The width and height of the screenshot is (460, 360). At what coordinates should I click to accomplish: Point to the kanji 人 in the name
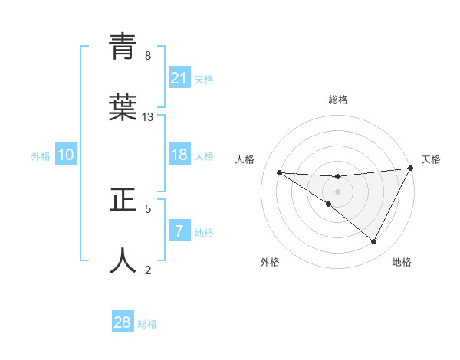pos(123,260)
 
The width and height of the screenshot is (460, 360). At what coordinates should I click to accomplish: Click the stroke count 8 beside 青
pos(148,56)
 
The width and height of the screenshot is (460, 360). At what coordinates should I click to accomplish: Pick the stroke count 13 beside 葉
pos(148,117)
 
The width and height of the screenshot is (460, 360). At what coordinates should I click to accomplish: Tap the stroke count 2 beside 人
pos(148,270)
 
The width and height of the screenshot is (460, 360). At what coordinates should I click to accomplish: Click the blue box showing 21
pos(179,78)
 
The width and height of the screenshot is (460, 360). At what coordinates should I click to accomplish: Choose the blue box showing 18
pos(179,155)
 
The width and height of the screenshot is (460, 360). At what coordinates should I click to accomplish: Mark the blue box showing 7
pos(179,231)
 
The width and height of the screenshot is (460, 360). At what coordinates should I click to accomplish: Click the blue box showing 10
pos(67,155)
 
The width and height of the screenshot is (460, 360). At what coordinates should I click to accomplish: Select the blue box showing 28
pos(123,322)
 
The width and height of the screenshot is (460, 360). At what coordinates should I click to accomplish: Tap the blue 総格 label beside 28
pos(147,324)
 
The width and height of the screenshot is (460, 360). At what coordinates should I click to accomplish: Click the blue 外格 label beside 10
pos(41,156)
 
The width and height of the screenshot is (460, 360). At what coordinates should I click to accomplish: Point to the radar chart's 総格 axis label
pos(337,100)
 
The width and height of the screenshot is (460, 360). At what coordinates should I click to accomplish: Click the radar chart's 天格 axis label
pos(432,159)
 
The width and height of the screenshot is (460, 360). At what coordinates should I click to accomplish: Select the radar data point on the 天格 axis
pos(410,169)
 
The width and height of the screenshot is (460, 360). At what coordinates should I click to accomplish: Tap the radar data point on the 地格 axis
pos(373,241)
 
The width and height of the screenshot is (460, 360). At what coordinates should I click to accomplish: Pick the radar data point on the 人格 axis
pos(279,172)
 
